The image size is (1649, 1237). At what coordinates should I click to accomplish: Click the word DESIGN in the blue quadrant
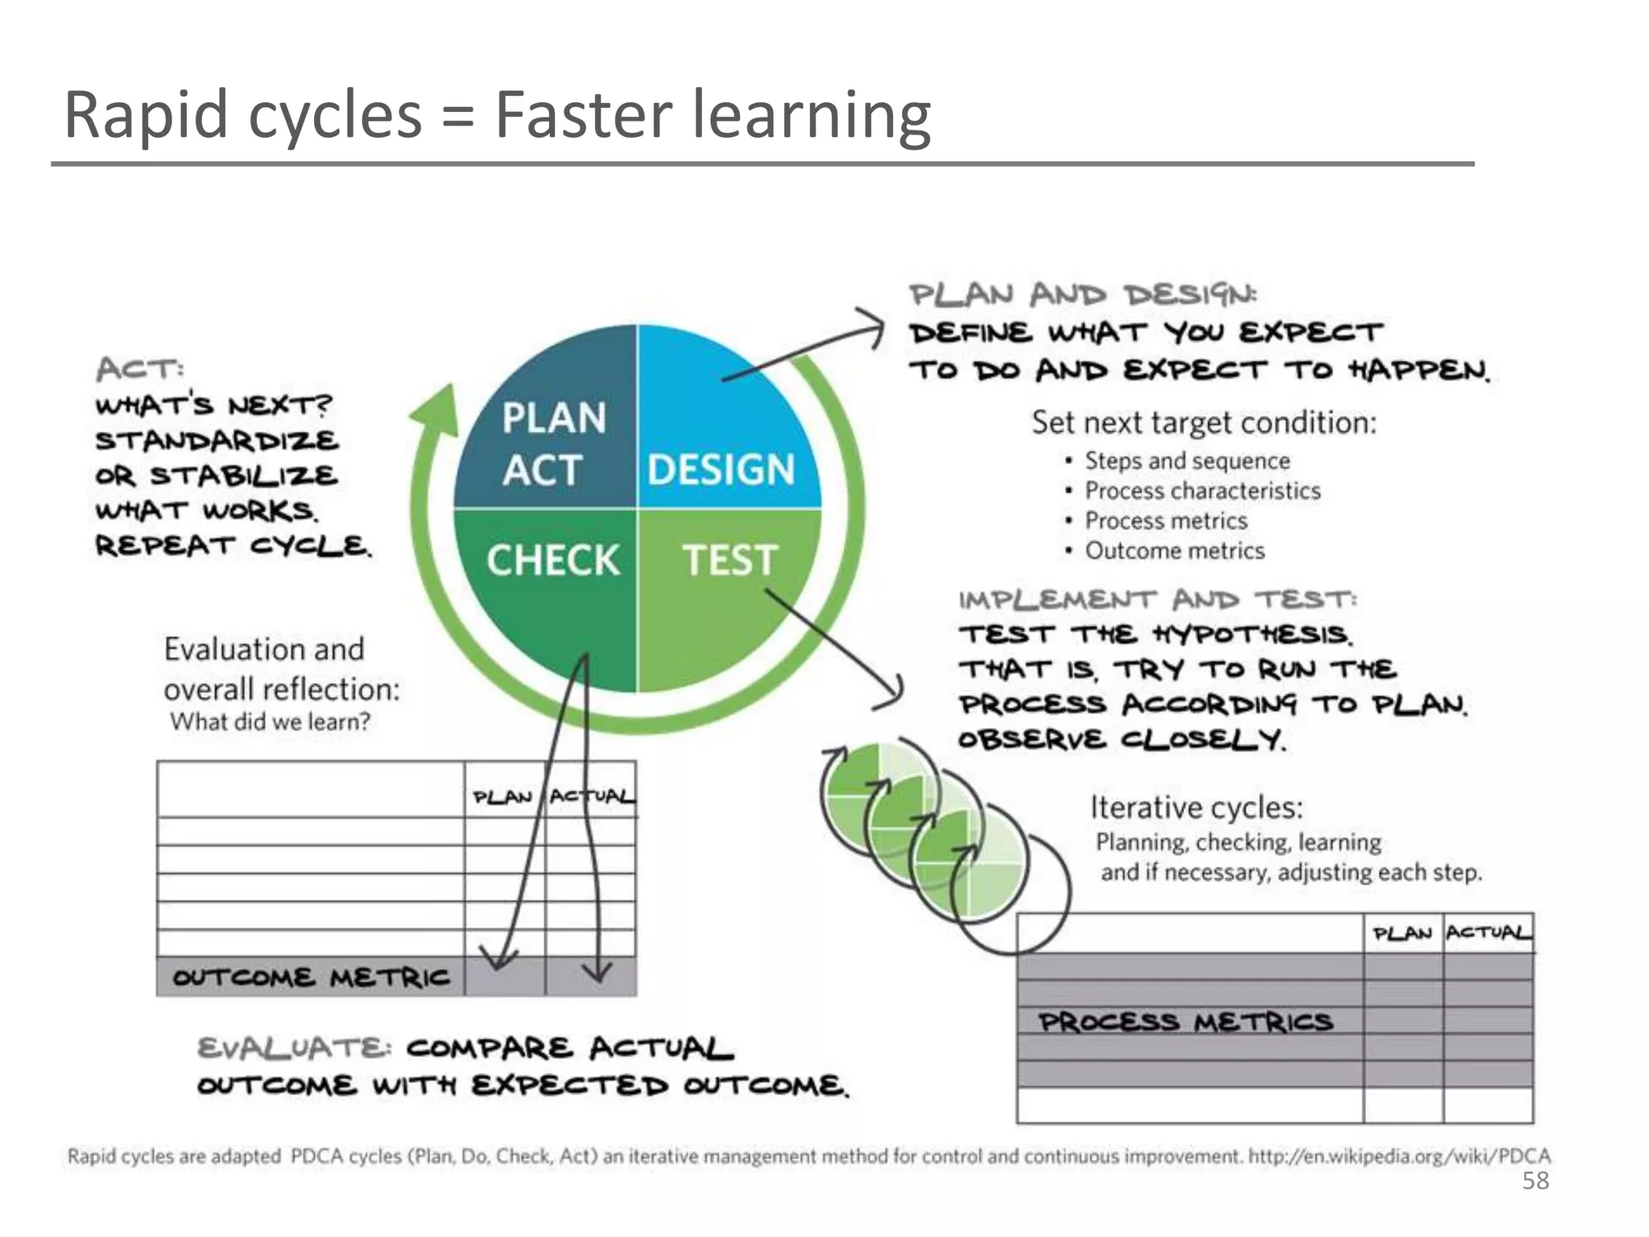click(x=721, y=470)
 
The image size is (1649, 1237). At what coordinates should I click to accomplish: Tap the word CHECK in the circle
click(x=553, y=560)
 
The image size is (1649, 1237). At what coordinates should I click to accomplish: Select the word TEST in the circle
click(x=730, y=560)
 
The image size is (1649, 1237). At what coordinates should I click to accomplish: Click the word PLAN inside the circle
click(x=554, y=418)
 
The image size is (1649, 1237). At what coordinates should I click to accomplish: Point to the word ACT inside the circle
click(x=542, y=470)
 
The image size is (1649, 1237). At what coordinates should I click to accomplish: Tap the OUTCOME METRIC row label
click(x=311, y=978)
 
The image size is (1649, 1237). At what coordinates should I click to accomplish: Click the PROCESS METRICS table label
click(x=1185, y=1022)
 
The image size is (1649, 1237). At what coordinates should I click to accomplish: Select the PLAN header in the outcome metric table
click(x=502, y=797)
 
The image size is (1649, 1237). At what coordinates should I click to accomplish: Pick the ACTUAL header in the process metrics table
click(x=1488, y=933)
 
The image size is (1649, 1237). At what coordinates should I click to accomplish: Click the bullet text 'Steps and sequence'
click(x=1187, y=461)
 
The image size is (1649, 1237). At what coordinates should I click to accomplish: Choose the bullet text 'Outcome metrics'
click(x=1175, y=551)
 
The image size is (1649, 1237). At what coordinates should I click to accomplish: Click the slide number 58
click(x=1535, y=1181)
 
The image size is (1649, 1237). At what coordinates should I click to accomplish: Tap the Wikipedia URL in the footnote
click(x=1399, y=1156)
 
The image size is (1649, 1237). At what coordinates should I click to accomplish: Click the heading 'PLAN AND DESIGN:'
click(x=1083, y=295)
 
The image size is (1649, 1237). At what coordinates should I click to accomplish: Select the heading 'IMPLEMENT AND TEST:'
click(x=1157, y=600)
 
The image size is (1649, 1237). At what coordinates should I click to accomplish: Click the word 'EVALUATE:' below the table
click(x=295, y=1049)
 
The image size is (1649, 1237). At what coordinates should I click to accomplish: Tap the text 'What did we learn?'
click(x=270, y=722)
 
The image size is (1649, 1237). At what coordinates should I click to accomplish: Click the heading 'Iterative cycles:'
click(x=1196, y=807)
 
